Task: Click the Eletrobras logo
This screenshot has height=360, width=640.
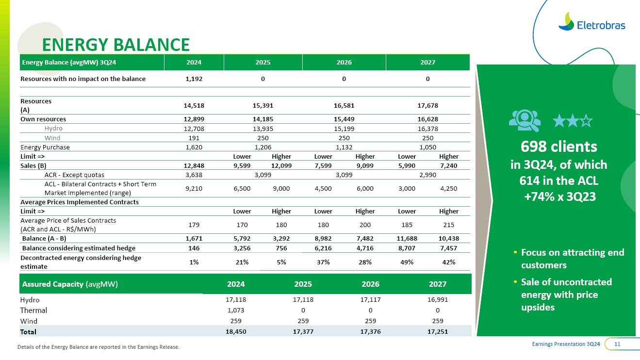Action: point(591,22)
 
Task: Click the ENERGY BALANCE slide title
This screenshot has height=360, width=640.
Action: point(115,45)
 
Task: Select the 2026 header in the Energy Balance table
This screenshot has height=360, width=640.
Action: point(344,63)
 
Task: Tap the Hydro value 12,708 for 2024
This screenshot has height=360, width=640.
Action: point(194,129)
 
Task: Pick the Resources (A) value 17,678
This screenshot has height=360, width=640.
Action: point(427,105)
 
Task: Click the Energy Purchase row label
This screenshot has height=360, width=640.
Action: point(45,147)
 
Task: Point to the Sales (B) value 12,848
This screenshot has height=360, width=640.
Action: point(194,165)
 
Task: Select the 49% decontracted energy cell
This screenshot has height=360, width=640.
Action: point(407,262)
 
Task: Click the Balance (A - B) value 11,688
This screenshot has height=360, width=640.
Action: point(407,239)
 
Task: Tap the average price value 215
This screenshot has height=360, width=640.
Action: point(448,225)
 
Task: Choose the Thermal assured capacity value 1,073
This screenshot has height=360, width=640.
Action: point(236,310)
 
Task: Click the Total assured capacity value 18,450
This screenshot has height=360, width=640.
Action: point(236,332)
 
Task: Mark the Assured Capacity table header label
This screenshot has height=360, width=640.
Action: point(69,284)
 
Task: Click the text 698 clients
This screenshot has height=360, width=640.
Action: point(558,147)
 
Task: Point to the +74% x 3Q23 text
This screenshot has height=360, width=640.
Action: point(559,196)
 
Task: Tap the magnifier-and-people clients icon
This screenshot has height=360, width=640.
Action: point(525,121)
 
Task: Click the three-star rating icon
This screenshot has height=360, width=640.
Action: point(573,121)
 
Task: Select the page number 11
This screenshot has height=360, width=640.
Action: point(618,344)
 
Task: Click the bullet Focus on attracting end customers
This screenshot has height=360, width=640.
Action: point(572,259)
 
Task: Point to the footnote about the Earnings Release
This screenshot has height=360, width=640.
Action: point(98,347)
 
